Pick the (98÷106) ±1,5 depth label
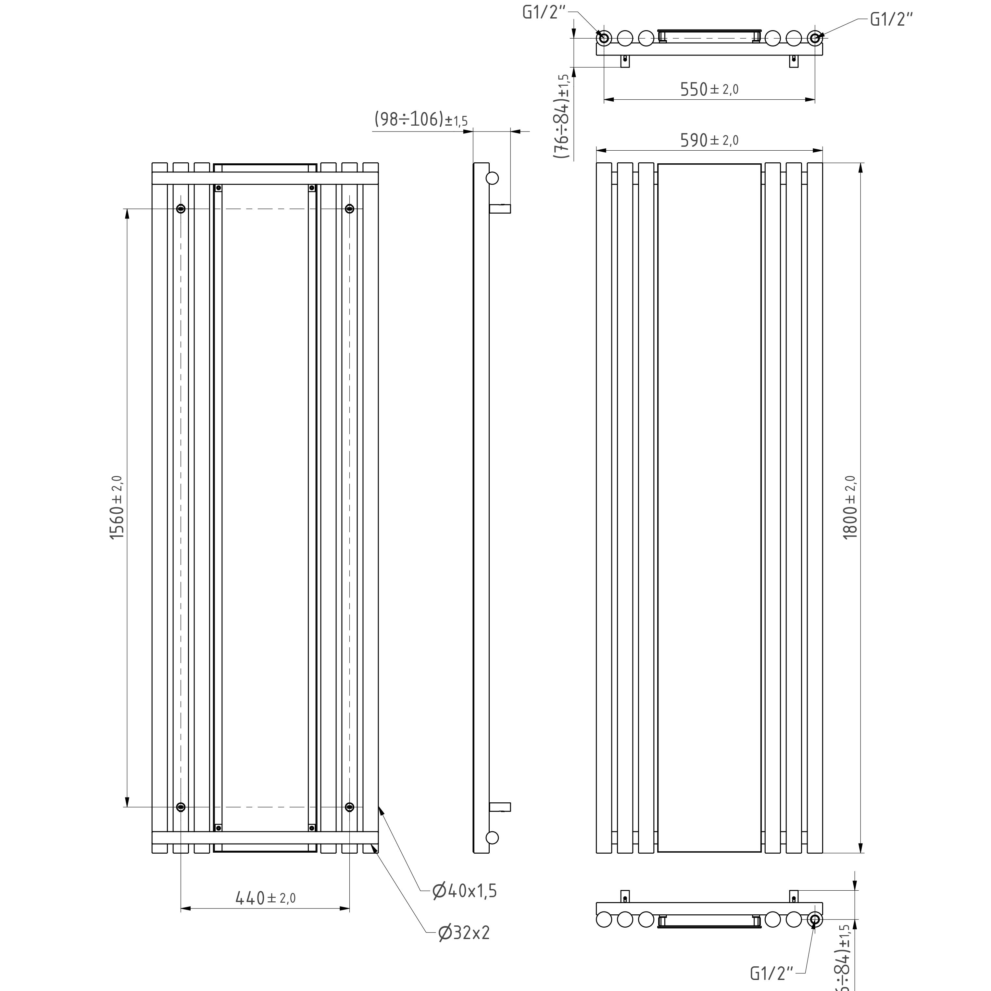tap(420, 119)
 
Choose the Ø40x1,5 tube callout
tap(465, 890)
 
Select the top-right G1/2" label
tap(892, 19)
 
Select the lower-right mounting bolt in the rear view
tap(349, 807)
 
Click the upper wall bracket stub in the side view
tap(500, 209)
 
